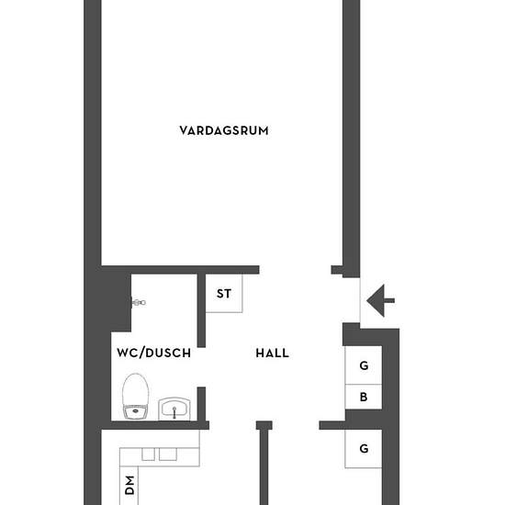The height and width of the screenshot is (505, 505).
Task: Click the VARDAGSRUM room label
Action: click(x=224, y=130)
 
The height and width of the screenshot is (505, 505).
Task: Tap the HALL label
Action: click(x=272, y=353)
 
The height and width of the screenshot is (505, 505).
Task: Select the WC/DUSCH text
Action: click(x=154, y=353)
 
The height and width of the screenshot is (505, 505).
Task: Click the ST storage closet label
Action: click(x=224, y=294)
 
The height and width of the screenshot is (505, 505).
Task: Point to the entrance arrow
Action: click(x=380, y=301)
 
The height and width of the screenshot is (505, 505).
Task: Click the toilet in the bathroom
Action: click(x=136, y=397)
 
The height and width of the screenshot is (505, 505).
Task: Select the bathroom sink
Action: click(x=174, y=409)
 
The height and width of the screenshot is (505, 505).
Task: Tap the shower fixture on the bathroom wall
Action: click(x=139, y=302)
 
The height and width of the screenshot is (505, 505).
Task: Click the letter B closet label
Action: click(x=364, y=397)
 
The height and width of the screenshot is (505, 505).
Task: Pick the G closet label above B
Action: click(x=364, y=365)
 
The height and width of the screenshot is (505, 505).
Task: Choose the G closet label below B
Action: click(x=364, y=448)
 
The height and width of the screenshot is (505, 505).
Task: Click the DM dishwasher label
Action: click(x=129, y=485)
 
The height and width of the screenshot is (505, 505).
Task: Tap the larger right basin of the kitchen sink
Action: click(x=168, y=454)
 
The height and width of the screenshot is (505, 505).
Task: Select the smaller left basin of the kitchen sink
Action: click(x=149, y=454)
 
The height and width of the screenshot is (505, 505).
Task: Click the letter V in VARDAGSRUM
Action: click(x=184, y=130)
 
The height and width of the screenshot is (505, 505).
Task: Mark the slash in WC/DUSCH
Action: click(x=140, y=353)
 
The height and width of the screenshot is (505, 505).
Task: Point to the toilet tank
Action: click(x=136, y=412)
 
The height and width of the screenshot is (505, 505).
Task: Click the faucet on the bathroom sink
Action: click(x=174, y=412)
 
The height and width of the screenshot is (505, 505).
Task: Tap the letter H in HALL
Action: click(x=260, y=353)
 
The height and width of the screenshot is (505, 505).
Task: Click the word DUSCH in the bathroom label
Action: click(x=168, y=353)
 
